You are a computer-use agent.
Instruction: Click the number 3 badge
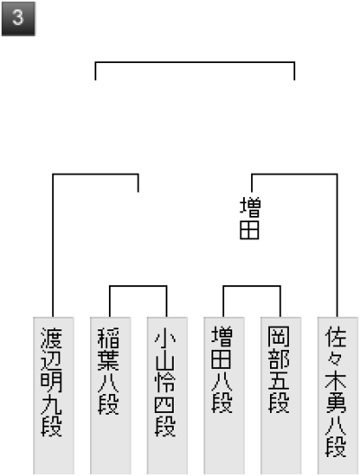[18, 19]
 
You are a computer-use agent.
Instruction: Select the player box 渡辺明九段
[53, 396]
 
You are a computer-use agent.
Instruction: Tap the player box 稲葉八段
[110, 396]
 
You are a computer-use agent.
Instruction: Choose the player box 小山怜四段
[167, 396]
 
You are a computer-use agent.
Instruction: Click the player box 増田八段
[224, 396]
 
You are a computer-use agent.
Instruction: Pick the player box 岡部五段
[281, 396]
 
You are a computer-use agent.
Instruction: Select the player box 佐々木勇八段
[337, 396]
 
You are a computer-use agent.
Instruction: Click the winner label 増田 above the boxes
[250, 218]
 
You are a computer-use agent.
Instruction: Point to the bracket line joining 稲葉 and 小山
[138, 286]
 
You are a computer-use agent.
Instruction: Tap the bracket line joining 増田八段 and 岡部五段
[252, 286]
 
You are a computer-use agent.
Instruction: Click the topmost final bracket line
[195, 62]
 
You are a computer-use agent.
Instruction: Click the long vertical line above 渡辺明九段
[53, 246]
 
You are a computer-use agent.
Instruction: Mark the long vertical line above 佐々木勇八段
[337, 246]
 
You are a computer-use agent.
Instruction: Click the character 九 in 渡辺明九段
[51, 404]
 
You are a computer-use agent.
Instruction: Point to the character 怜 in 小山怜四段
[165, 382]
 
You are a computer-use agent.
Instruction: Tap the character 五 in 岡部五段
[279, 382]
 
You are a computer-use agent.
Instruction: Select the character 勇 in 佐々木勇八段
[336, 403]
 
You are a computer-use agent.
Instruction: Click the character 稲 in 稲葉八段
[108, 337]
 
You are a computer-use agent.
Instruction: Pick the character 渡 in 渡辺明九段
[51, 337]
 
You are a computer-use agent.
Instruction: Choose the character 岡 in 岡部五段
[279, 337]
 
